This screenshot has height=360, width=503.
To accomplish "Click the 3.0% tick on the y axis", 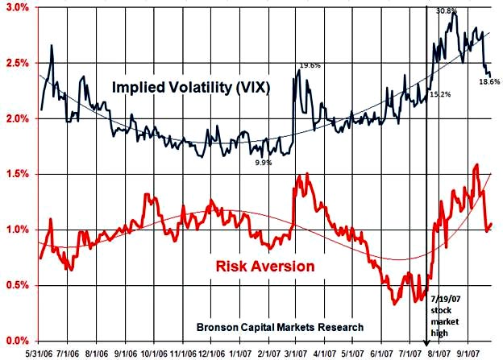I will pyautogui.click(x=17, y=7).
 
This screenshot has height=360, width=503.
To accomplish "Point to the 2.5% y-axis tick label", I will pyautogui.click(x=17, y=63).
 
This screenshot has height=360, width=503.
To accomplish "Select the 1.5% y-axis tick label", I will pyautogui.click(x=17, y=174).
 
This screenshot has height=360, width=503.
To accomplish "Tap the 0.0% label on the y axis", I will pyautogui.click(x=17, y=341).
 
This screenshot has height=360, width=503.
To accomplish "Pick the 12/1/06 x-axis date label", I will pyautogui.click(x=211, y=353).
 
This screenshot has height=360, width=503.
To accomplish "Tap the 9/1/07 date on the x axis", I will pyautogui.click(x=468, y=353).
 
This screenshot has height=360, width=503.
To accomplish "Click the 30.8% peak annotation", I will pyautogui.click(x=446, y=11).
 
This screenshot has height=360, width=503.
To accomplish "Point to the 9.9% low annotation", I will pyautogui.click(x=262, y=163).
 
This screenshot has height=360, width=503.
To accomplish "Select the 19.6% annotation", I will pyautogui.click(x=311, y=65).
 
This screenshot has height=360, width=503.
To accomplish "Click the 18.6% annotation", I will pyautogui.click(x=489, y=82).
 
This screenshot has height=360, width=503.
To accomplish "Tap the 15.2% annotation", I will pyautogui.click(x=440, y=94).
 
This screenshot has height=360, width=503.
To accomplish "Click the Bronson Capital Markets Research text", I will pyautogui.click(x=281, y=328).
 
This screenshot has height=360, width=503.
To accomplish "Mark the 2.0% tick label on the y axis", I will pyautogui.click(x=17, y=118).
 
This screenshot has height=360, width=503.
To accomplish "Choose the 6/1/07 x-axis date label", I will pyautogui.click(x=382, y=353).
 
